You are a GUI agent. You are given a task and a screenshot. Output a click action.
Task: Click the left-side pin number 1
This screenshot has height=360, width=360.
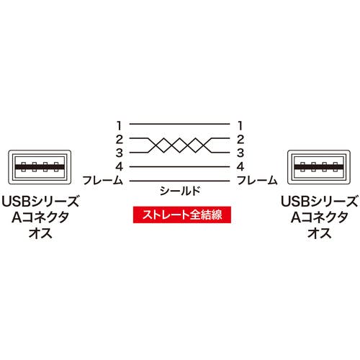(120, 125)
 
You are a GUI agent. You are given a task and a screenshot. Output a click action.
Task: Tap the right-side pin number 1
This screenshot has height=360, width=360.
(240, 125)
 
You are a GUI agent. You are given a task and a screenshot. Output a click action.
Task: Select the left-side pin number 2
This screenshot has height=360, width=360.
(120, 140)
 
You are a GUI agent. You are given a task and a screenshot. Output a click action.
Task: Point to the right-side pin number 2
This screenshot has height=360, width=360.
(240, 140)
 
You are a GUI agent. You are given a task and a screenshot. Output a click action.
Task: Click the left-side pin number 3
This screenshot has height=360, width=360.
(120, 153)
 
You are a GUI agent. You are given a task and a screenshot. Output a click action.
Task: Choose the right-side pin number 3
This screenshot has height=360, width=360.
(240, 153)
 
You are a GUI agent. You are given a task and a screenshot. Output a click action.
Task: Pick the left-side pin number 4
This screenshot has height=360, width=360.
(120, 166)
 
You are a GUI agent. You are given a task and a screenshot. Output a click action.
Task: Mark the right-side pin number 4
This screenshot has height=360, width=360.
(240, 166)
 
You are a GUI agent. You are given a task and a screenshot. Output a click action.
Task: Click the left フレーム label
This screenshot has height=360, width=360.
(103, 180)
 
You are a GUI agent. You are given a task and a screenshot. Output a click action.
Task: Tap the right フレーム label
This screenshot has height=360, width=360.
(257, 180)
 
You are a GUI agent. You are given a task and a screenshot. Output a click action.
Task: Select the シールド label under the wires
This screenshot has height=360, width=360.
(180, 191)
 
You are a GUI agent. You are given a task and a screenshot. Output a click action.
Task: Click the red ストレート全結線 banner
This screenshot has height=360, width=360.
(182, 215)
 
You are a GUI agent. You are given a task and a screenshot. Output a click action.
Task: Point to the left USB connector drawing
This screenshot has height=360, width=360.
(40, 167)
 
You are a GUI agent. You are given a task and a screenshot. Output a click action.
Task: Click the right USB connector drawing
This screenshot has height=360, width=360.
(319, 167)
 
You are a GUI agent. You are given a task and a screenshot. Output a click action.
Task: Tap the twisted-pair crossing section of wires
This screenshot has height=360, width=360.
(180, 145)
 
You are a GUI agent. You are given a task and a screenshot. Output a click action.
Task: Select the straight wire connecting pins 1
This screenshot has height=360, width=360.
(180, 124)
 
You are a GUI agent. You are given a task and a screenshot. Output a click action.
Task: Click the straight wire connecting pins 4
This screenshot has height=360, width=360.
(180, 167)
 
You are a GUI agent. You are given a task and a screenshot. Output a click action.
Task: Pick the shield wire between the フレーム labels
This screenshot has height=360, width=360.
(180, 181)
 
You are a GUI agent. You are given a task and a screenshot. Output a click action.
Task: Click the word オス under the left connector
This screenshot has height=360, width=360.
(40, 233)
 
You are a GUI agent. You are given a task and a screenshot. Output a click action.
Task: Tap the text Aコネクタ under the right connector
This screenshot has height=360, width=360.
(319, 217)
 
